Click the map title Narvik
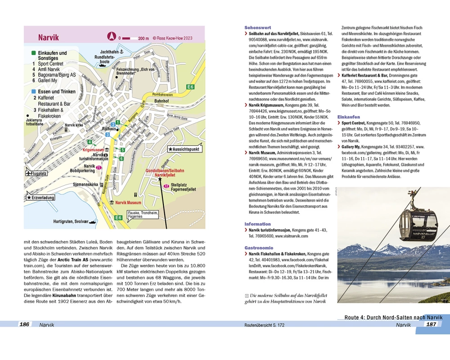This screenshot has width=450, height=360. tap(48, 37)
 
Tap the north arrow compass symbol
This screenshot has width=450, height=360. tap(111, 37)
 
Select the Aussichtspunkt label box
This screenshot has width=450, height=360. tap(184, 149)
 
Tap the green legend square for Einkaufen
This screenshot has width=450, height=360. tap(34, 53)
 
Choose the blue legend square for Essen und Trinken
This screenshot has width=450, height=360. tap(34, 91)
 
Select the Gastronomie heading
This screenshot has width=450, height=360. tap(258, 247)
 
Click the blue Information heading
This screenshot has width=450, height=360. tap(257, 224)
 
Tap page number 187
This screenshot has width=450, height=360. tap(432, 324)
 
